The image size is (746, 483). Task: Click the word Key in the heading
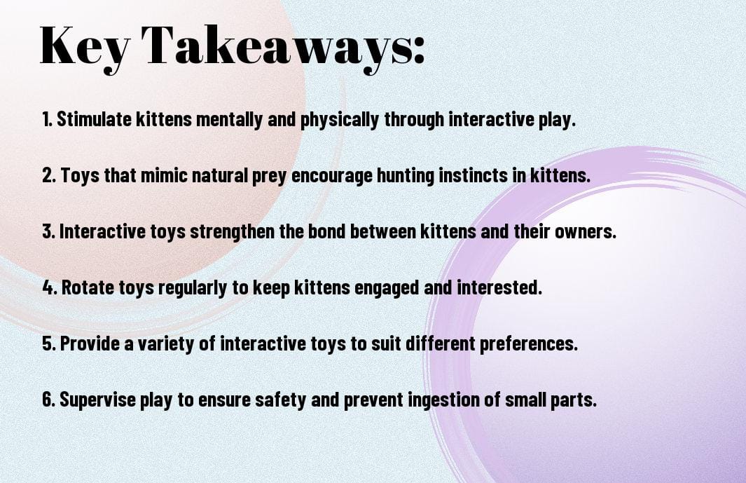pyautogui.click(x=85, y=47)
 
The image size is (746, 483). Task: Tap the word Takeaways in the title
pyautogui.click(x=277, y=47)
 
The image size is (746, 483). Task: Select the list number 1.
pyautogui.click(x=47, y=119)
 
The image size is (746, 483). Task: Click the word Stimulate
pyautogui.click(x=94, y=119)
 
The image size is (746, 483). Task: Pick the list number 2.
pyautogui.click(x=48, y=175)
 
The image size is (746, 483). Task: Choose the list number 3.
pyautogui.click(x=48, y=231)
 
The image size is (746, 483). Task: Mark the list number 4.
pyautogui.click(x=50, y=287)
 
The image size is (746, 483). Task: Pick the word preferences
pyautogui.click(x=529, y=344)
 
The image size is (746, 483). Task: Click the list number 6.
pyautogui.click(x=49, y=399)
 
